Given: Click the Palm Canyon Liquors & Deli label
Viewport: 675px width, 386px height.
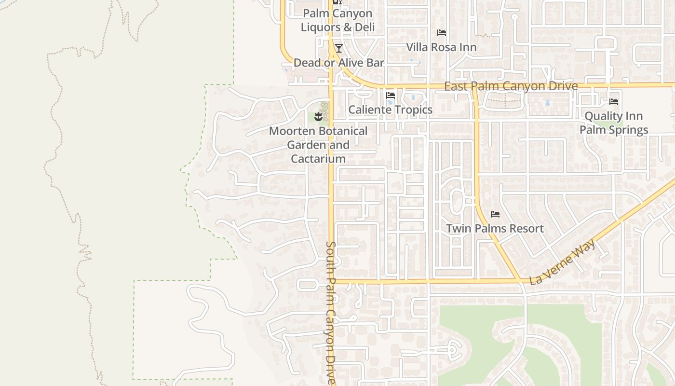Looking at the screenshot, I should click(x=337, y=20).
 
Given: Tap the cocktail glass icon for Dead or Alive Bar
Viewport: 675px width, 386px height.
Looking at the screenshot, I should click(x=339, y=48).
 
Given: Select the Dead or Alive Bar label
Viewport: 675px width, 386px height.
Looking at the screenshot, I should click(x=338, y=63).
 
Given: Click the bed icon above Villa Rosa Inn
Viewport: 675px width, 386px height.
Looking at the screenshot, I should click(x=441, y=33).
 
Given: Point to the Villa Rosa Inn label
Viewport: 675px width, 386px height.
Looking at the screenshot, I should click(x=441, y=47).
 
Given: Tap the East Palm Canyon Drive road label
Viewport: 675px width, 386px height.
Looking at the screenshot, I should click(x=511, y=86).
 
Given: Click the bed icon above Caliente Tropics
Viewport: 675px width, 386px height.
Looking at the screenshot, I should click(x=391, y=96).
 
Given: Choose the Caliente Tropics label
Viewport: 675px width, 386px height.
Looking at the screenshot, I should click(x=391, y=110).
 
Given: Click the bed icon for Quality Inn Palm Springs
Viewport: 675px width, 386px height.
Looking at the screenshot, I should click(x=614, y=102).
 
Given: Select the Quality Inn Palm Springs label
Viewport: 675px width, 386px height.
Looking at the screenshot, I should click(x=614, y=123).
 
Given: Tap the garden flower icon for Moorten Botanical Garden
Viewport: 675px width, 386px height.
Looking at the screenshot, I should click(x=318, y=116).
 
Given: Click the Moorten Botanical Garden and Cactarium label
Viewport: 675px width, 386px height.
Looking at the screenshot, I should click(x=318, y=145).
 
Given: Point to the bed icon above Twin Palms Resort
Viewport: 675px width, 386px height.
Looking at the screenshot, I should click(x=495, y=214).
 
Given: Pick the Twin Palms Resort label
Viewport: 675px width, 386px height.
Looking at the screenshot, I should click(x=495, y=228).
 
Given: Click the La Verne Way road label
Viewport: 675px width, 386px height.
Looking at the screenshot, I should click(x=562, y=262).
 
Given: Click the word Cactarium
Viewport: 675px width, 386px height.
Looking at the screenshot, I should click(x=318, y=159).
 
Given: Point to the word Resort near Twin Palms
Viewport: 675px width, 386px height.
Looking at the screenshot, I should click(x=526, y=228).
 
